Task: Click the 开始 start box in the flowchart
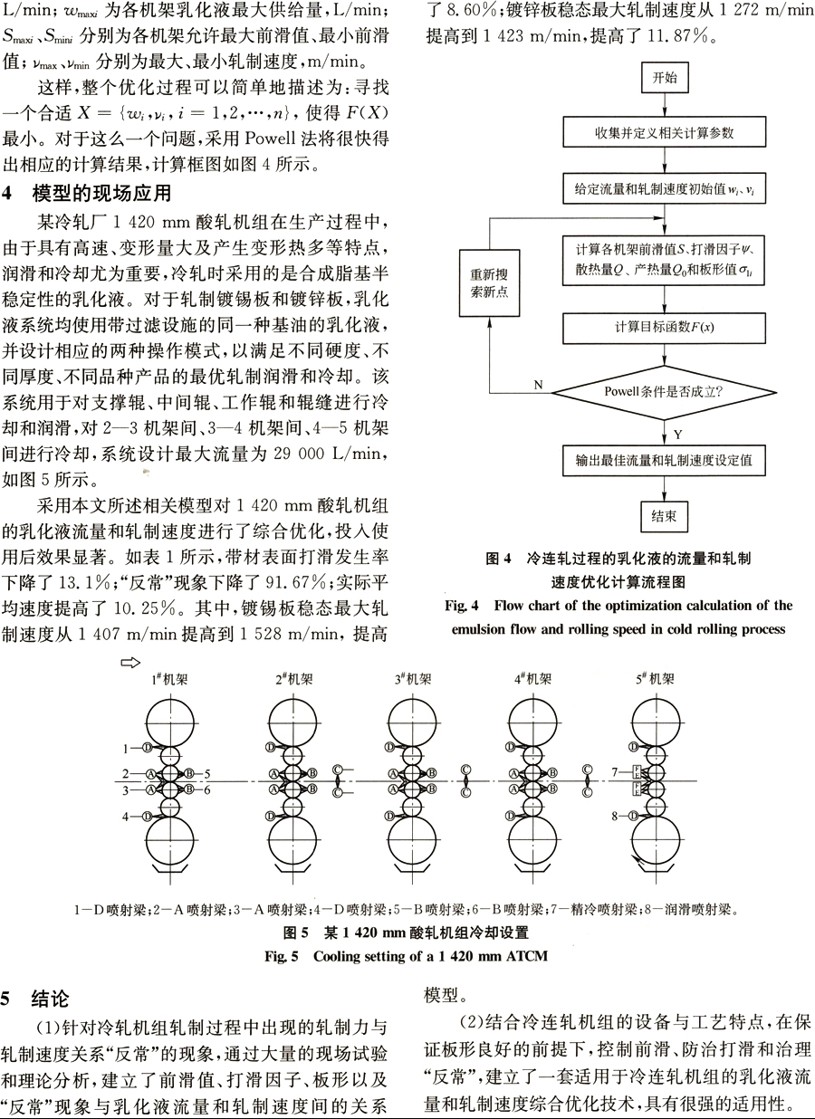pyautogui.click(x=665, y=78)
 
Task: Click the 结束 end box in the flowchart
pyautogui.click(x=664, y=516)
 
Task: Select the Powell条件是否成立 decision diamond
pyautogui.click(x=664, y=393)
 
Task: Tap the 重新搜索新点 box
pyautogui.click(x=489, y=283)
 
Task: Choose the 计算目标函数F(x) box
pyautogui.click(x=664, y=329)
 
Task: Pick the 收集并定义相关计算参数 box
pyautogui.click(x=664, y=132)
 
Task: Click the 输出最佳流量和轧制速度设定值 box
pyautogui.click(x=664, y=461)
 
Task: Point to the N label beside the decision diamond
pyautogui.click(x=538, y=385)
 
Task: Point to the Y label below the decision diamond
pyautogui.click(x=677, y=435)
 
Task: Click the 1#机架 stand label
pyautogui.click(x=170, y=679)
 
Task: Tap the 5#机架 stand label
pyautogui.click(x=655, y=679)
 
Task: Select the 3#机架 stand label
pyautogui.click(x=413, y=679)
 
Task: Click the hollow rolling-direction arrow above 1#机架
pyautogui.click(x=130, y=663)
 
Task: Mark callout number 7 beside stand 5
pyautogui.click(x=615, y=772)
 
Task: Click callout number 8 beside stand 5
pyautogui.click(x=615, y=817)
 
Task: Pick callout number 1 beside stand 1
pyautogui.click(x=126, y=749)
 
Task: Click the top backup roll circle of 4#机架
pyautogui.click(x=532, y=722)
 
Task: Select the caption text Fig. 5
pyautogui.click(x=282, y=956)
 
